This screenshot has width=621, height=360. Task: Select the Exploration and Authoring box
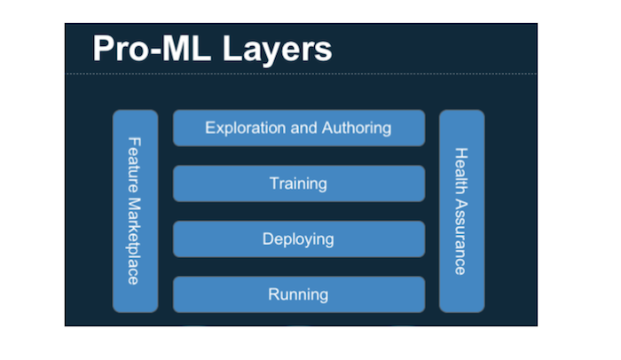coord(298,128)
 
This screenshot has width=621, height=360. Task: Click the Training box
coord(298,184)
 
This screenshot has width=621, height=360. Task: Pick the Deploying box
coord(298,239)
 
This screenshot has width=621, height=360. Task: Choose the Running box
coord(298,293)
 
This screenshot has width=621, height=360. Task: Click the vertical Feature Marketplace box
coord(135,211)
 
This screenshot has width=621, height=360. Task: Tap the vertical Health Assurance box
coord(461,211)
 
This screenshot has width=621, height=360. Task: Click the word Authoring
coord(355,128)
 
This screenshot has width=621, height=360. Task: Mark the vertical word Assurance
coord(461,235)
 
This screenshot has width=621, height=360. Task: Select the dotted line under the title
coord(298,74)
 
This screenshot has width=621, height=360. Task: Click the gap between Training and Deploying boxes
coord(298,211)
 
